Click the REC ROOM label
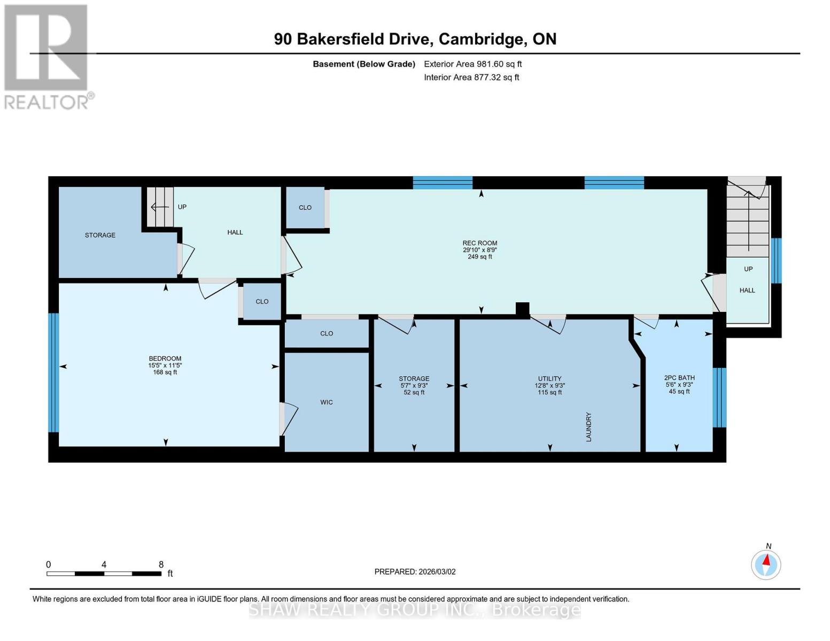(479, 243)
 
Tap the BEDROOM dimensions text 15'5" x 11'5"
(165, 365)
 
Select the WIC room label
(326, 402)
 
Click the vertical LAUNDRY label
(588, 426)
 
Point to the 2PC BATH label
(679, 378)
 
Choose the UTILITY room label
(549, 379)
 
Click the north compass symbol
(766, 564)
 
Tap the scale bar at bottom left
(104, 574)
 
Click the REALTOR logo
(46, 57)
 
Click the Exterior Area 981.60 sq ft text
(472, 64)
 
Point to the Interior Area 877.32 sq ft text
(471, 77)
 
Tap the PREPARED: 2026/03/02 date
(415, 572)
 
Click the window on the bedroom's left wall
(53, 372)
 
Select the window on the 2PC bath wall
(719, 397)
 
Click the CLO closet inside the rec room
(305, 207)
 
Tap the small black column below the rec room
(522, 309)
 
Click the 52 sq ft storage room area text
(414, 393)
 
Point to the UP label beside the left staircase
(182, 207)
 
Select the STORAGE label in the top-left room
(100, 235)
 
